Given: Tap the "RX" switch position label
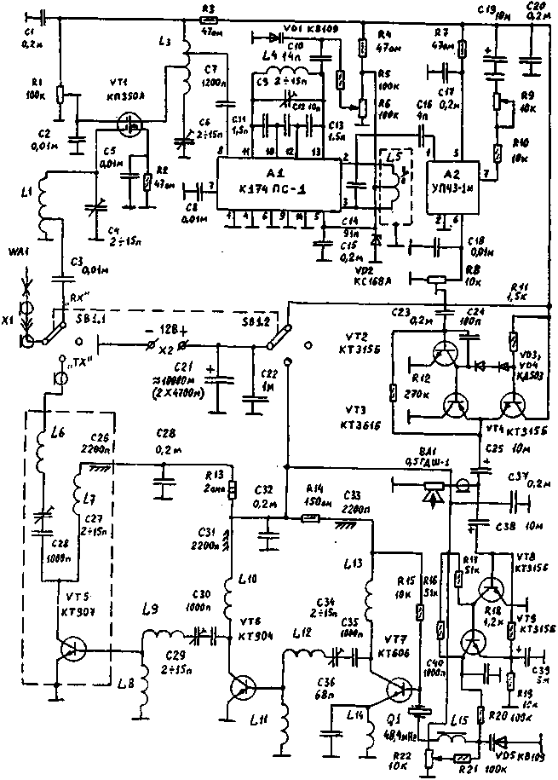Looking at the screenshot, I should [x=78, y=300].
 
